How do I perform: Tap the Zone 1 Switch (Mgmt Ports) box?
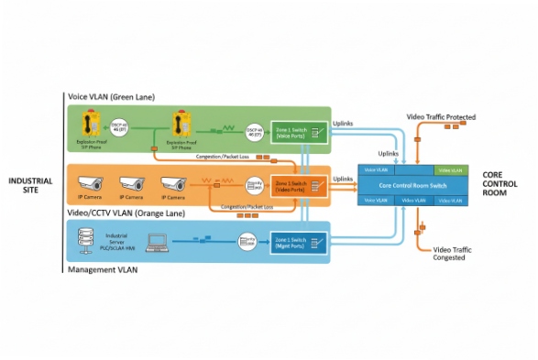click(x=294, y=243)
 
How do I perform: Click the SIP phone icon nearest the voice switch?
click(x=179, y=125)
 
